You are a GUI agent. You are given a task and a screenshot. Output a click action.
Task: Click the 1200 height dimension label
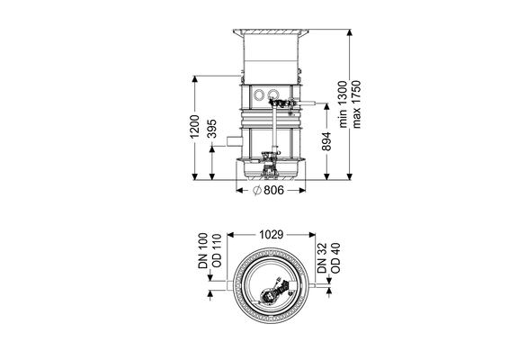click(x=194, y=126)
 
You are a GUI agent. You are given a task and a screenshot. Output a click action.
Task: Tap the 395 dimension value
click(x=211, y=129)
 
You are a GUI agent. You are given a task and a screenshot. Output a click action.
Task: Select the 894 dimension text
click(x=326, y=141)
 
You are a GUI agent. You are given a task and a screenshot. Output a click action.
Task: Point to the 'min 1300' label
click(x=344, y=104)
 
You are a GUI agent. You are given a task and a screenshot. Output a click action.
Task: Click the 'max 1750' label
click(x=356, y=104)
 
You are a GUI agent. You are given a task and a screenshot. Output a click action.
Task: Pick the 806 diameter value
click(x=273, y=191)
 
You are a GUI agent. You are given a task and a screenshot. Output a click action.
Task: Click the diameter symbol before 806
click(x=257, y=191)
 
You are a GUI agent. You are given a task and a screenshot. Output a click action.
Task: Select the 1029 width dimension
click(x=271, y=235)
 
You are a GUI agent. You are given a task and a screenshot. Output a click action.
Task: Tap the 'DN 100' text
click(x=203, y=251)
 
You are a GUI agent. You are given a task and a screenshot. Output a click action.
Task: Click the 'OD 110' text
click(x=217, y=251)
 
